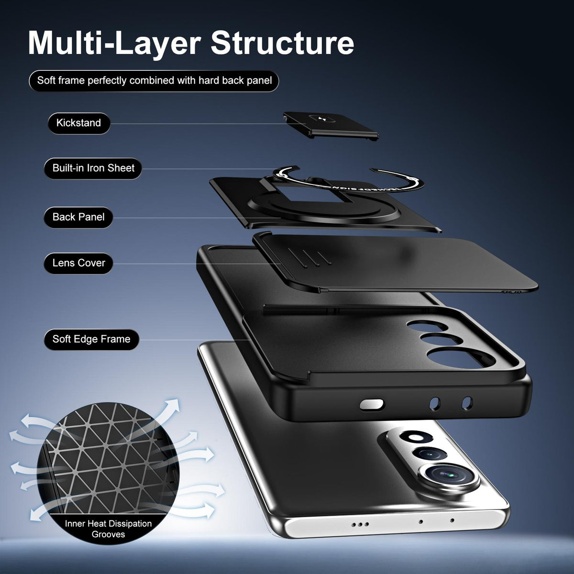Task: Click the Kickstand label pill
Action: point(79,123)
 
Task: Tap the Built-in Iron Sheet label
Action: point(93,168)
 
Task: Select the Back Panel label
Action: point(78,217)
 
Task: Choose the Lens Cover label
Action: point(78,263)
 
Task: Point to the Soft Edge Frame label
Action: point(91,339)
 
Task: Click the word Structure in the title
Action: point(282,43)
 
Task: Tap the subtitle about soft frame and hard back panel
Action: point(155,81)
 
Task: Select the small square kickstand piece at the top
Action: point(331,125)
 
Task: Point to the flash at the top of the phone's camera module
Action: point(416,437)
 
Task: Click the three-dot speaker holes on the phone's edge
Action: point(360,524)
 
